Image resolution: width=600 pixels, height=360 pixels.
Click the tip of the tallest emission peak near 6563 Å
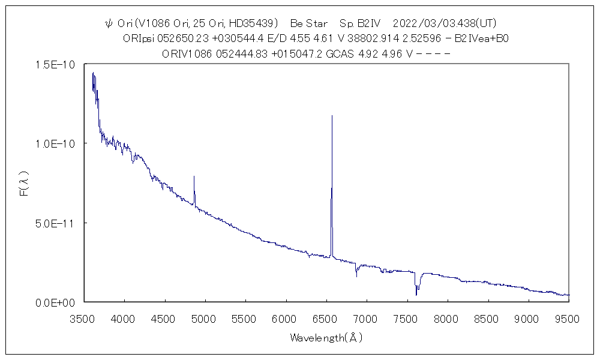(332, 116)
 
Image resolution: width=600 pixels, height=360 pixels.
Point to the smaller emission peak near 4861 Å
(194, 176)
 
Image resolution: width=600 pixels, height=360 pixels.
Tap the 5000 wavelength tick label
(204, 318)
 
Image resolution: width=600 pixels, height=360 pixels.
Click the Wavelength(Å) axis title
(326, 338)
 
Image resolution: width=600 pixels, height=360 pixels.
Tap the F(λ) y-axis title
(24, 183)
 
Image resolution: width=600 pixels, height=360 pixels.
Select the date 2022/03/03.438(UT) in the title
(445, 24)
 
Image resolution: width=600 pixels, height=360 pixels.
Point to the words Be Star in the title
(308, 24)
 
